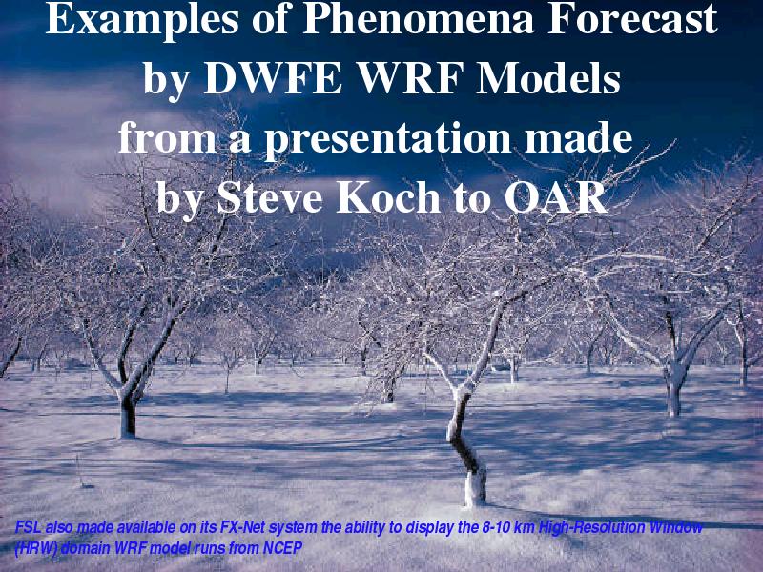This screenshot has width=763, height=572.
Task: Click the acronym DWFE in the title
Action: pyautogui.click(x=274, y=78)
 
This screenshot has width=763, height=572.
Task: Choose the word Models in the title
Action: pyautogui.click(x=547, y=78)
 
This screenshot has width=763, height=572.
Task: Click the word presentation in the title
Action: pyautogui.click(x=387, y=140)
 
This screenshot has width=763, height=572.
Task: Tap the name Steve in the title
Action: pyautogui.click(x=269, y=198)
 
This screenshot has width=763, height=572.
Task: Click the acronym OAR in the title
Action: pyautogui.click(x=556, y=197)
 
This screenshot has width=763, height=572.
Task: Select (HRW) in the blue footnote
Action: pyautogui.click(x=36, y=549)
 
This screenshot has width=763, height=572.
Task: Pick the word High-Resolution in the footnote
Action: pyautogui.click(x=592, y=528)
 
